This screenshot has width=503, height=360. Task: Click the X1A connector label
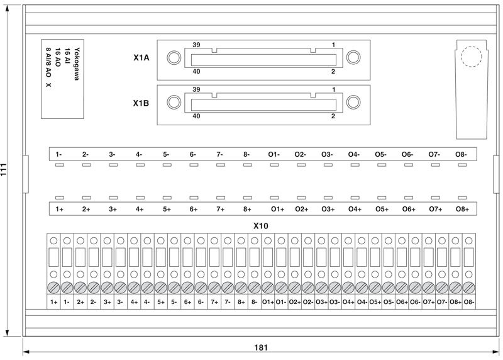[x=141, y=58]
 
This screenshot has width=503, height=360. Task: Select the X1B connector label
[x=141, y=103]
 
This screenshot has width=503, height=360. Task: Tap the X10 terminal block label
[x=260, y=226]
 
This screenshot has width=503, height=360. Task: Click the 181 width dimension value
[x=261, y=347]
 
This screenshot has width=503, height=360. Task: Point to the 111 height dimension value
[x=4, y=169]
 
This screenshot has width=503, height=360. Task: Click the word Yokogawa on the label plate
[x=77, y=64]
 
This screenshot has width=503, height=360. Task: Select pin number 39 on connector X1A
[x=196, y=45]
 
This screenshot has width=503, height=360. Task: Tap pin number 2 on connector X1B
[x=333, y=116]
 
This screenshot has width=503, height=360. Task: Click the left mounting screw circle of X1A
[x=174, y=57]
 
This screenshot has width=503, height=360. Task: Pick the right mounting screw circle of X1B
[x=353, y=103]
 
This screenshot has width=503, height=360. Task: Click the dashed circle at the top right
[x=471, y=57]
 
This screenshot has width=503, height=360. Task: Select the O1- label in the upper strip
[x=274, y=154]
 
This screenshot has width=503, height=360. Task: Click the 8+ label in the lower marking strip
[x=247, y=210]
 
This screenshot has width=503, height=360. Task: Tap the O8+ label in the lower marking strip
[x=462, y=210]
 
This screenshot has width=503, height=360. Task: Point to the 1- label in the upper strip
[x=58, y=154]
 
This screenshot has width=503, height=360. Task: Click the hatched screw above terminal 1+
[x=53, y=288]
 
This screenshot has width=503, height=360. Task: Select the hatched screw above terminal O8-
[x=468, y=288]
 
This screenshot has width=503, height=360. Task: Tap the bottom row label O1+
[x=268, y=302]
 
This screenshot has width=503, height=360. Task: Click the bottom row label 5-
[x=174, y=302]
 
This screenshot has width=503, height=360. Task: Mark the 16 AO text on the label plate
[x=58, y=57]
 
